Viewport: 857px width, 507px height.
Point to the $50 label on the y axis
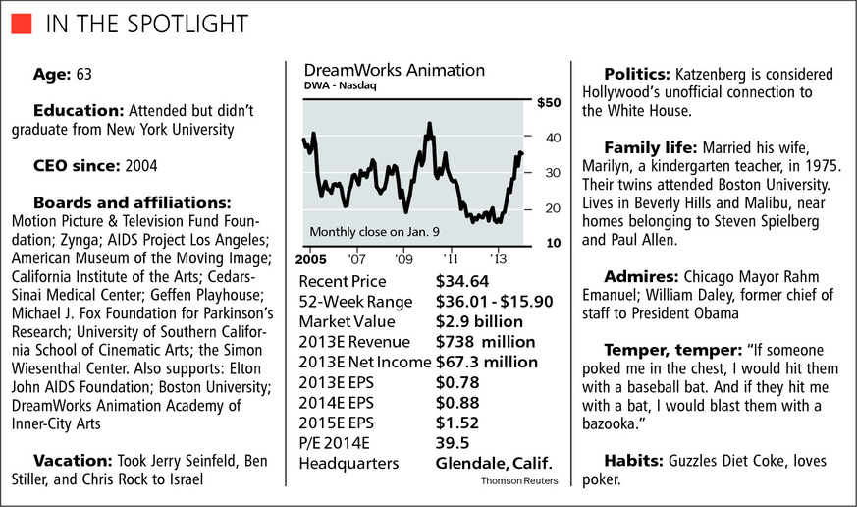(547, 102)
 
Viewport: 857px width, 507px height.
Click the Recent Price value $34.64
(460, 283)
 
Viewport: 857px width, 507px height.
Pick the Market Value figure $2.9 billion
(479, 321)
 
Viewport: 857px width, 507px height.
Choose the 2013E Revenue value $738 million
(485, 341)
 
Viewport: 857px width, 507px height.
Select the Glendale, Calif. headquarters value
(494, 463)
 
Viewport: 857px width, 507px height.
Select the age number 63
(86, 75)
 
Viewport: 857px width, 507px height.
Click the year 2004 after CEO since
(139, 165)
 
